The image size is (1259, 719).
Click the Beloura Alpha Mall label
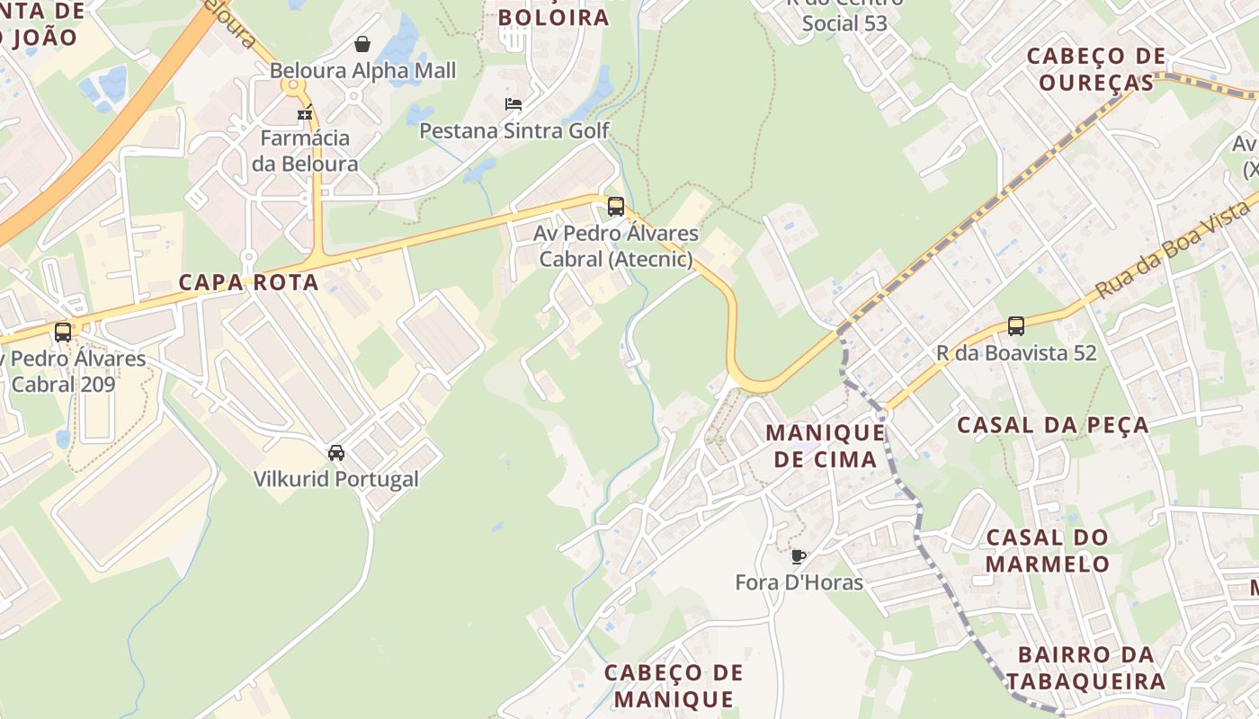(363, 70)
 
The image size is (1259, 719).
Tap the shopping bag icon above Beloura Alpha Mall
(362, 44)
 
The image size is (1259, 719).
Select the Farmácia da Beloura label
(305, 151)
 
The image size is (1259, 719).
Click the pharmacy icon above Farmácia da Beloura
(305, 113)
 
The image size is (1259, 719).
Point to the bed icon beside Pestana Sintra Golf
(513, 104)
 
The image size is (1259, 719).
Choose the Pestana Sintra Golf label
(514, 130)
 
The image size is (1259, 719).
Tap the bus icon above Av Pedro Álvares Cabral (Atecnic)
(616, 207)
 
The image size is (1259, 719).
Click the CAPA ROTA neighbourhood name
(249, 282)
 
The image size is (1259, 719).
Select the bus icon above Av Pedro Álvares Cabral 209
(63, 333)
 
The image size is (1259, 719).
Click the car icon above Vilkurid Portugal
(336, 452)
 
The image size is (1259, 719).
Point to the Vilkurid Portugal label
(336, 478)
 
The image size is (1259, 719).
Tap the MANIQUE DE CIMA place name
(821, 446)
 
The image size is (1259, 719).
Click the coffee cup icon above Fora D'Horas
(799, 556)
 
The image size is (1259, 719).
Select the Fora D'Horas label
(799, 582)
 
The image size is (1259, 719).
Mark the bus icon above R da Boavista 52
(1016, 326)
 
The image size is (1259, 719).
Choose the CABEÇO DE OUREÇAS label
(1096, 69)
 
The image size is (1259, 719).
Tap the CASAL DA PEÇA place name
(1052, 425)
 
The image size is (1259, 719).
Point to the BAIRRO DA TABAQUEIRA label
(1086, 667)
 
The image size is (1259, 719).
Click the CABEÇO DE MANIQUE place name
(674, 686)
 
